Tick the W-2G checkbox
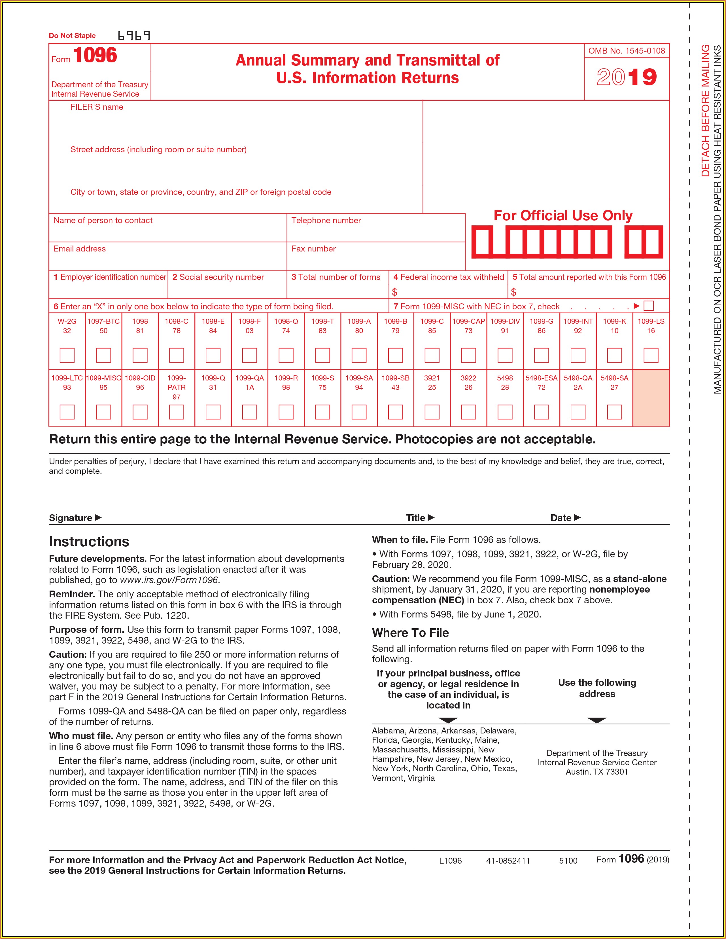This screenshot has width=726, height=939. point(67,355)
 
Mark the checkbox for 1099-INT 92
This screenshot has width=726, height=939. point(578,355)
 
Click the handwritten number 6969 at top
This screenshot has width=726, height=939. point(134,35)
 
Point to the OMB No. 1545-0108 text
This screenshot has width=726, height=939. point(626,51)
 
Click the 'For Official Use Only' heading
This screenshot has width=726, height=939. point(563,215)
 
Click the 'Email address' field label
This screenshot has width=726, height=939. point(80,249)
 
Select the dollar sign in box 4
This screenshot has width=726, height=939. point(394,292)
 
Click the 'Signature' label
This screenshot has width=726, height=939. point(71,518)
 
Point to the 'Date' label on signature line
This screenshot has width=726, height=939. point(561,518)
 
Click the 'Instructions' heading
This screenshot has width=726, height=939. point(89,541)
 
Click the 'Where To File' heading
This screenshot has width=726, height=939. point(410,633)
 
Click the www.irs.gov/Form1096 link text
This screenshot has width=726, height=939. point(170,580)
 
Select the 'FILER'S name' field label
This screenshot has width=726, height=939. point(97,107)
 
